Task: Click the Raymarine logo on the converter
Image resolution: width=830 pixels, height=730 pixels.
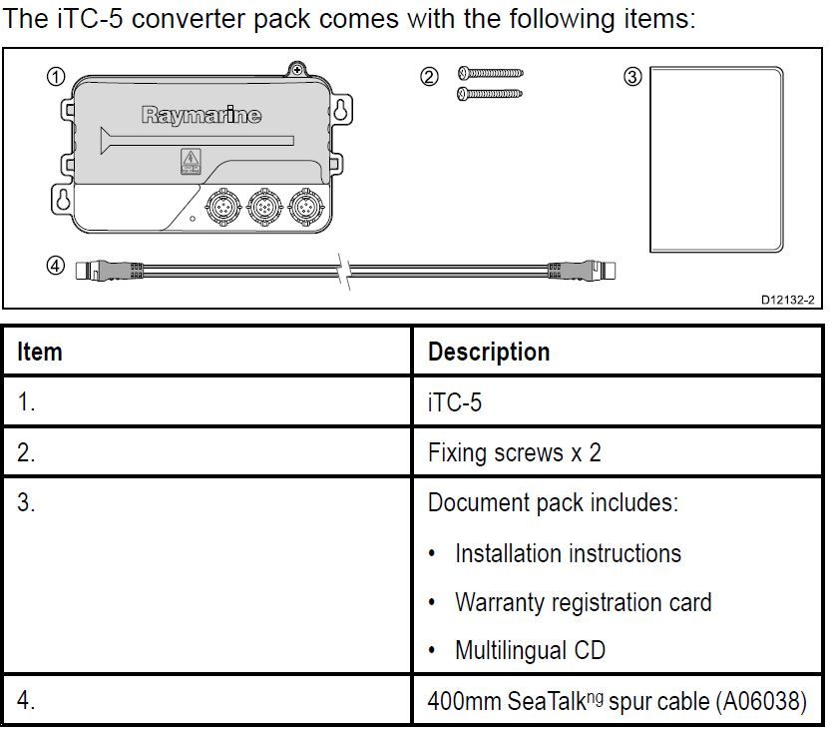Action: coord(201,116)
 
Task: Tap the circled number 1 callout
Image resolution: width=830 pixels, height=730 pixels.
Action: coord(57,77)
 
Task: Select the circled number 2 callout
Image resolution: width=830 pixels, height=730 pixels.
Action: coord(429,77)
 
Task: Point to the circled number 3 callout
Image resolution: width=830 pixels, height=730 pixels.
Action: coord(631,77)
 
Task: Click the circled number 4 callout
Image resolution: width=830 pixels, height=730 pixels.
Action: coord(57,266)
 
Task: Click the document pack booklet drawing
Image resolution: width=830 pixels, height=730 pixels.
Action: coord(715,161)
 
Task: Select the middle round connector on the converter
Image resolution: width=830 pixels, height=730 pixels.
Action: coord(262,209)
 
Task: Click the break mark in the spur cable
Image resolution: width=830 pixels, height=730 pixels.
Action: coord(343,270)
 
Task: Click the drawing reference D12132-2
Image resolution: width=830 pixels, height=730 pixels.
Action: coord(787,299)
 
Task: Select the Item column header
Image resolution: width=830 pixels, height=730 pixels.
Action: coord(40,352)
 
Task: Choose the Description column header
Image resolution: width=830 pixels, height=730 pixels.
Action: coord(488,352)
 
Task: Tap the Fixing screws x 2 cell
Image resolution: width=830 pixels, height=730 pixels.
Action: coord(514,451)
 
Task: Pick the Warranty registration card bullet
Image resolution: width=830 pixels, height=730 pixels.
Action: coord(583,602)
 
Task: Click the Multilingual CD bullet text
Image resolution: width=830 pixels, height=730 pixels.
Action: coord(530,650)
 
